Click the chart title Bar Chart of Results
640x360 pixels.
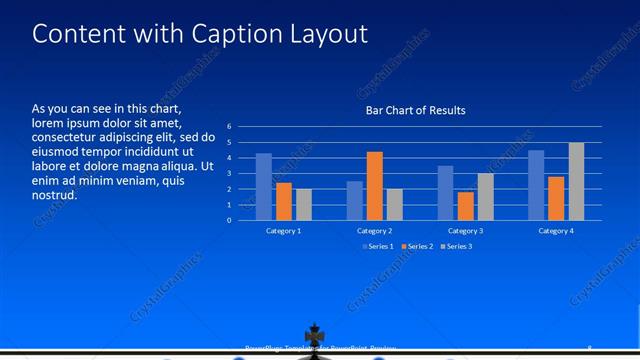[415, 110]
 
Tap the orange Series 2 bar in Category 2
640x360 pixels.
[375, 186]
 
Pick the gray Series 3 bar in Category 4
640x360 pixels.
[576, 181]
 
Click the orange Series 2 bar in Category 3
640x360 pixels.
[466, 206]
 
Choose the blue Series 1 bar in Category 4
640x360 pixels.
[537, 185]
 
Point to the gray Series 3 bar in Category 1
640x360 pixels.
[304, 204]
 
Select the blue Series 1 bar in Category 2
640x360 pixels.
[355, 200]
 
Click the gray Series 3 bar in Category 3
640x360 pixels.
[485, 196]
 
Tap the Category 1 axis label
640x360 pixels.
[284, 231]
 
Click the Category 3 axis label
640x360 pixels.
[466, 231]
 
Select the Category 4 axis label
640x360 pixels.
[556, 231]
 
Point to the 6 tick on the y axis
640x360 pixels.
[229, 127]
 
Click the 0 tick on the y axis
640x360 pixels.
[229, 220]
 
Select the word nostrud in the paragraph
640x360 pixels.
[55, 194]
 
